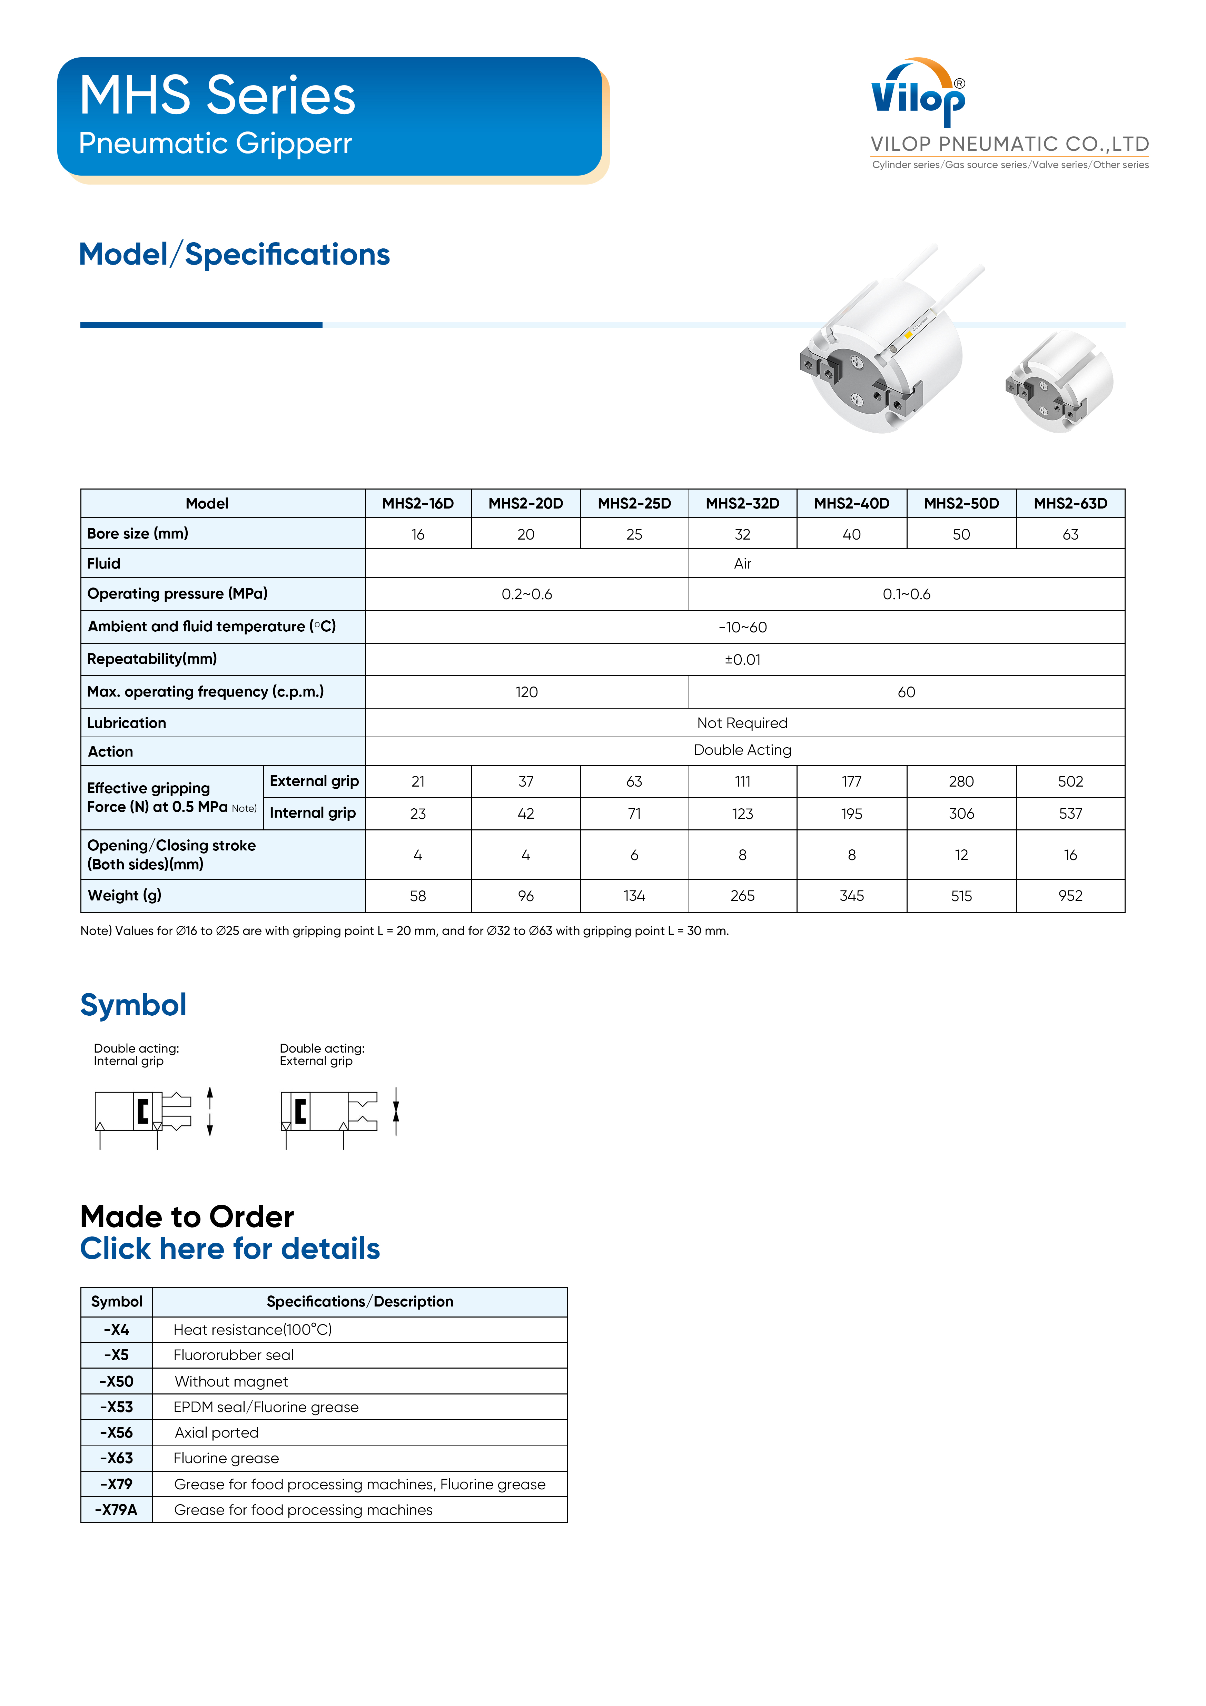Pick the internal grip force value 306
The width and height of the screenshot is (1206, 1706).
pyautogui.click(x=961, y=813)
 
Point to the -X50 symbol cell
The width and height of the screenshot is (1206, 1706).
pyautogui.click(x=117, y=1381)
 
